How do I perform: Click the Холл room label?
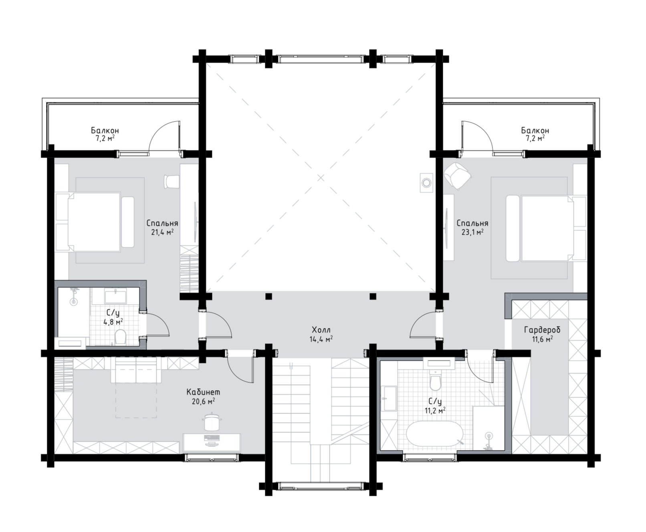pos(321,330)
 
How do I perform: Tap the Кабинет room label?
pos(203,392)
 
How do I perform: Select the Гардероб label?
pos(542,330)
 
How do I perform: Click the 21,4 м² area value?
pos(162,232)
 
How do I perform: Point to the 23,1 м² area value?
pos(472,232)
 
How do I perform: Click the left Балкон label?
pos(105,130)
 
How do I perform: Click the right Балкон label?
pos(535,130)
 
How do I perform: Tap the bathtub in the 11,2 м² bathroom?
pos(434,434)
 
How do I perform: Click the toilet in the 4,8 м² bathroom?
pos(121,337)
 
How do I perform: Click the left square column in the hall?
pos(268,296)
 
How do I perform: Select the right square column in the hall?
pos(373,296)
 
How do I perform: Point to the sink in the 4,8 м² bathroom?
pos(115,296)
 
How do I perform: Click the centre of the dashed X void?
pos(321,178)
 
